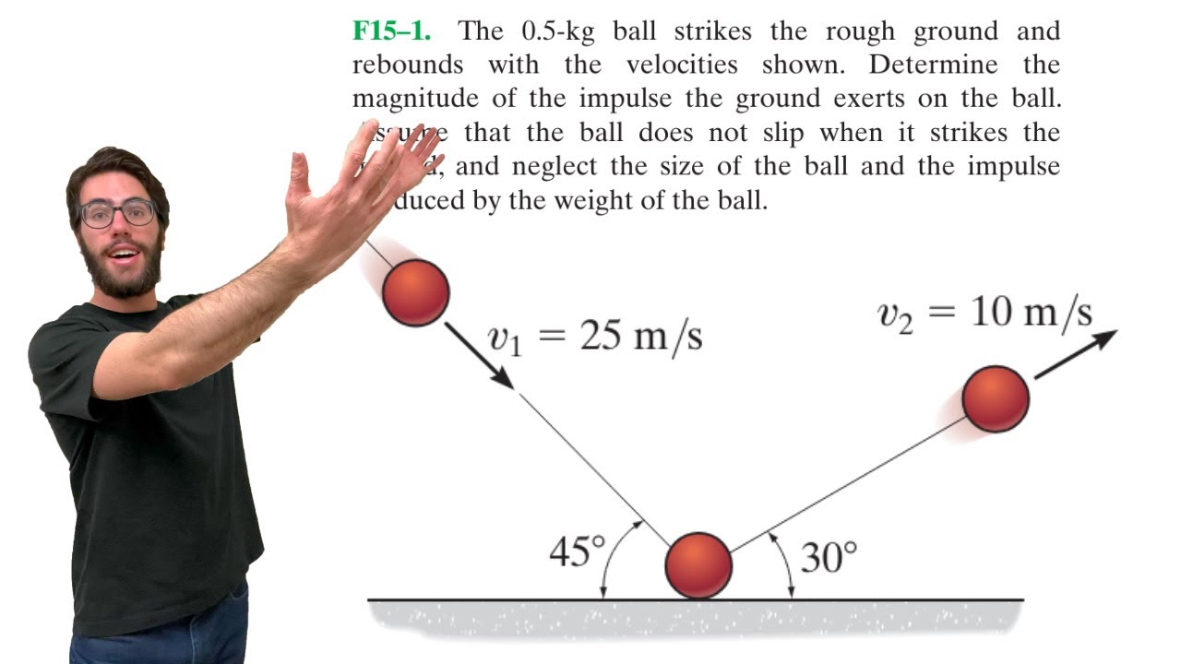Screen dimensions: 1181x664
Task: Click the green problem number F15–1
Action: (391, 31)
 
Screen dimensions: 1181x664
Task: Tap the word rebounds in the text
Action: (407, 65)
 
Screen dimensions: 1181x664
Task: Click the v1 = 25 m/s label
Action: (595, 338)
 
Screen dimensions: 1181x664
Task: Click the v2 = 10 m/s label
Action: (984, 314)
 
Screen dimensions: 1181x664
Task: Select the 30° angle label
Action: (829, 557)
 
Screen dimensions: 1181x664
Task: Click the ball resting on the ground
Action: (698, 565)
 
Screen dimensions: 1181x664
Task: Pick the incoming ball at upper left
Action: (415, 292)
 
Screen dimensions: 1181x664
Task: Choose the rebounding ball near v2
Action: (995, 398)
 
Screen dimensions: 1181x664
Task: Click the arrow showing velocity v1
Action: (480, 356)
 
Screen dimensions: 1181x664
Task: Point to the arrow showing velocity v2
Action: (1075, 354)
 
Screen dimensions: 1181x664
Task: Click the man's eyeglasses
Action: (118, 213)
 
